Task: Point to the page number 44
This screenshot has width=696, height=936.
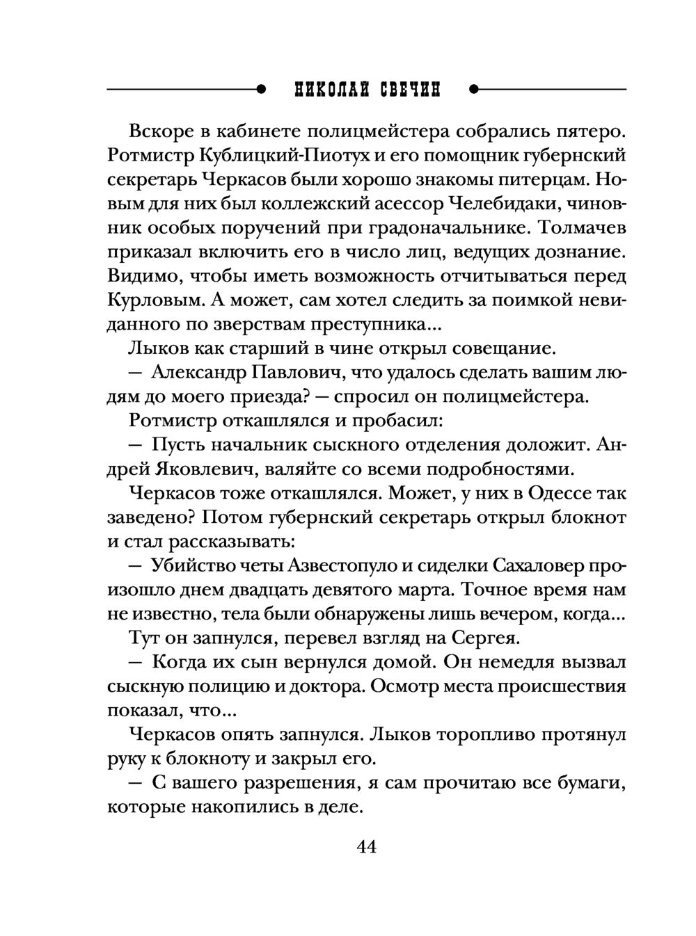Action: [x=366, y=847]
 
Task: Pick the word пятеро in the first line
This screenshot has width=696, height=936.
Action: [x=596, y=131]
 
